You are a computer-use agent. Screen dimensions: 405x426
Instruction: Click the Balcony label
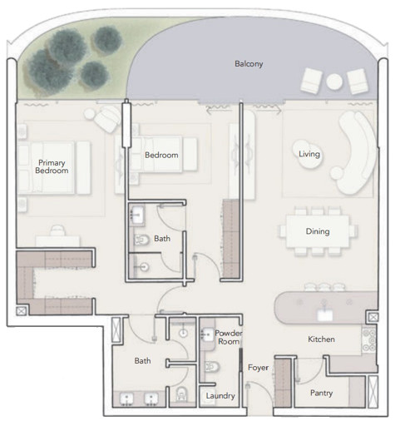(x=249, y=64)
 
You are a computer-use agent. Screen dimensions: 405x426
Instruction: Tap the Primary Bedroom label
(x=52, y=166)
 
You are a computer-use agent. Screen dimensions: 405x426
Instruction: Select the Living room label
(x=309, y=154)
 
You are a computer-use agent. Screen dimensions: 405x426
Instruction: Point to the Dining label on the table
(x=318, y=231)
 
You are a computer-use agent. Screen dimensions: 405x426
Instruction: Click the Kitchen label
(x=321, y=339)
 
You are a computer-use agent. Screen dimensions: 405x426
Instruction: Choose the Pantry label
(x=321, y=393)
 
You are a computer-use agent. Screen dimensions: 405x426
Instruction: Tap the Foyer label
(x=258, y=368)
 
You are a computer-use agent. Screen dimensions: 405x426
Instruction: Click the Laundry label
(x=220, y=396)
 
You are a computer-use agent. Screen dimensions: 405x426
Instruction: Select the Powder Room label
(x=229, y=337)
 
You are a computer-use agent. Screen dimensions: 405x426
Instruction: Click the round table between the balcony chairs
(x=334, y=82)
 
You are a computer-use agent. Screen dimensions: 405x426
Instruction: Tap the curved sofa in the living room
(x=356, y=152)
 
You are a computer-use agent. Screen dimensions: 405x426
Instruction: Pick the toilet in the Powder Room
(x=212, y=367)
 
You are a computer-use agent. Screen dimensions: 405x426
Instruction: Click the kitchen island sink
(x=324, y=315)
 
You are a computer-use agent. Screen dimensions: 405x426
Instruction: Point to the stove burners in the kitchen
(x=368, y=340)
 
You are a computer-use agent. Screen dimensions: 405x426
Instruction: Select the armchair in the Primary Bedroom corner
(x=106, y=119)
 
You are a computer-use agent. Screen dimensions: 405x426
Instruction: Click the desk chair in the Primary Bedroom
(x=57, y=230)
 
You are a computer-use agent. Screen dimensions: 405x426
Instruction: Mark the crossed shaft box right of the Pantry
(x=373, y=392)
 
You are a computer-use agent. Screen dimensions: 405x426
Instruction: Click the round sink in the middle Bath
(x=144, y=267)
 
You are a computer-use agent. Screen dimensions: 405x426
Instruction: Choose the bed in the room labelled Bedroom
(x=163, y=154)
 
